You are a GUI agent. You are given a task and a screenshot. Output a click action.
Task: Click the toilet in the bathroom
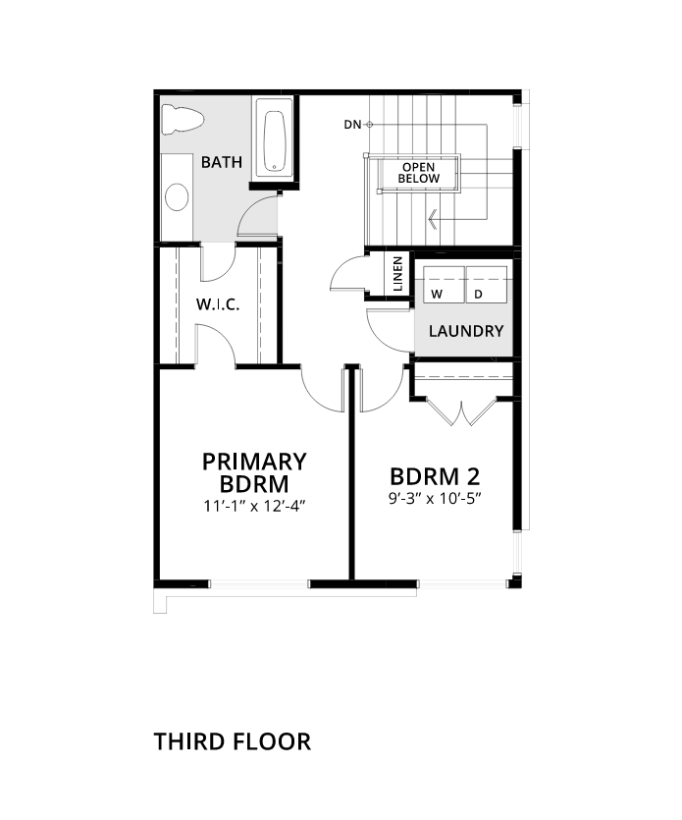(x=182, y=119)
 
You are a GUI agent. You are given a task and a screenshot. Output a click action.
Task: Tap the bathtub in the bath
(x=275, y=140)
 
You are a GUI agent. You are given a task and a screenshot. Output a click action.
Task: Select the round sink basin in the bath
(x=177, y=197)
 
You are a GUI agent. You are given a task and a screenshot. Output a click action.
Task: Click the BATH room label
(x=222, y=162)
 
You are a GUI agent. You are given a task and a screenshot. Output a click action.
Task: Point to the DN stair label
(x=352, y=125)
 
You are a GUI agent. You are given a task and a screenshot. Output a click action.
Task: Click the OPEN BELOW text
(x=419, y=173)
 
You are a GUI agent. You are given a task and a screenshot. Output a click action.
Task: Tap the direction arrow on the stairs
(x=433, y=219)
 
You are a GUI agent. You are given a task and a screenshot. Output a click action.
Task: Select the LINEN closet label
(x=398, y=274)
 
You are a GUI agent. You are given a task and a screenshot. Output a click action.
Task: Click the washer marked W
(x=444, y=284)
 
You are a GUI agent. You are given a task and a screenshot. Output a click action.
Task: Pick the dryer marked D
(x=487, y=284)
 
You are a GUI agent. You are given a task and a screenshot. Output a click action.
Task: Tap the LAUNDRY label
(x=466, y=331)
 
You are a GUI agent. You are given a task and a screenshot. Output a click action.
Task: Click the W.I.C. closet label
(x=218, y=304)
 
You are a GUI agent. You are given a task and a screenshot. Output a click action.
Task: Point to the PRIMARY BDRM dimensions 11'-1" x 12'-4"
(x=254, y=506)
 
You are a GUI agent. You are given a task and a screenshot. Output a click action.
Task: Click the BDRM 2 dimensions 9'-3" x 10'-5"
(x=435, y=498)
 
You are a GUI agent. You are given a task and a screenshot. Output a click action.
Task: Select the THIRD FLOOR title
(x=233, y=741)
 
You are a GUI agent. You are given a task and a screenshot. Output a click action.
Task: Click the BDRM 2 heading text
(x=435, y=476)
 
